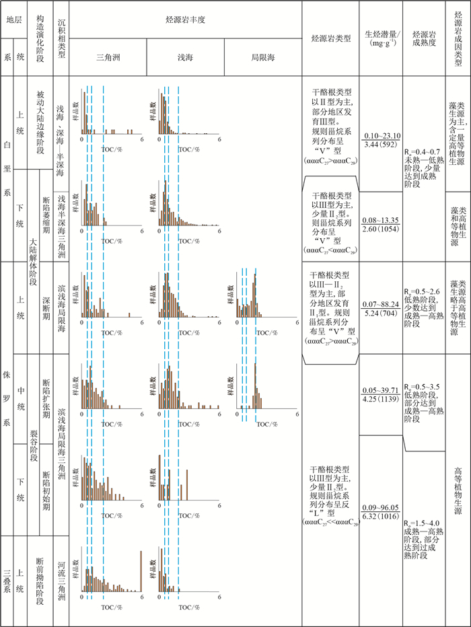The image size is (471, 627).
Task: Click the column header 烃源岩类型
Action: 330,38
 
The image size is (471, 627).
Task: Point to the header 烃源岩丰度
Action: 185,22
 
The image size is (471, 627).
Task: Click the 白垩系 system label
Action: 7,171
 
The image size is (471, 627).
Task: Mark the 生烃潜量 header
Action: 381,38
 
